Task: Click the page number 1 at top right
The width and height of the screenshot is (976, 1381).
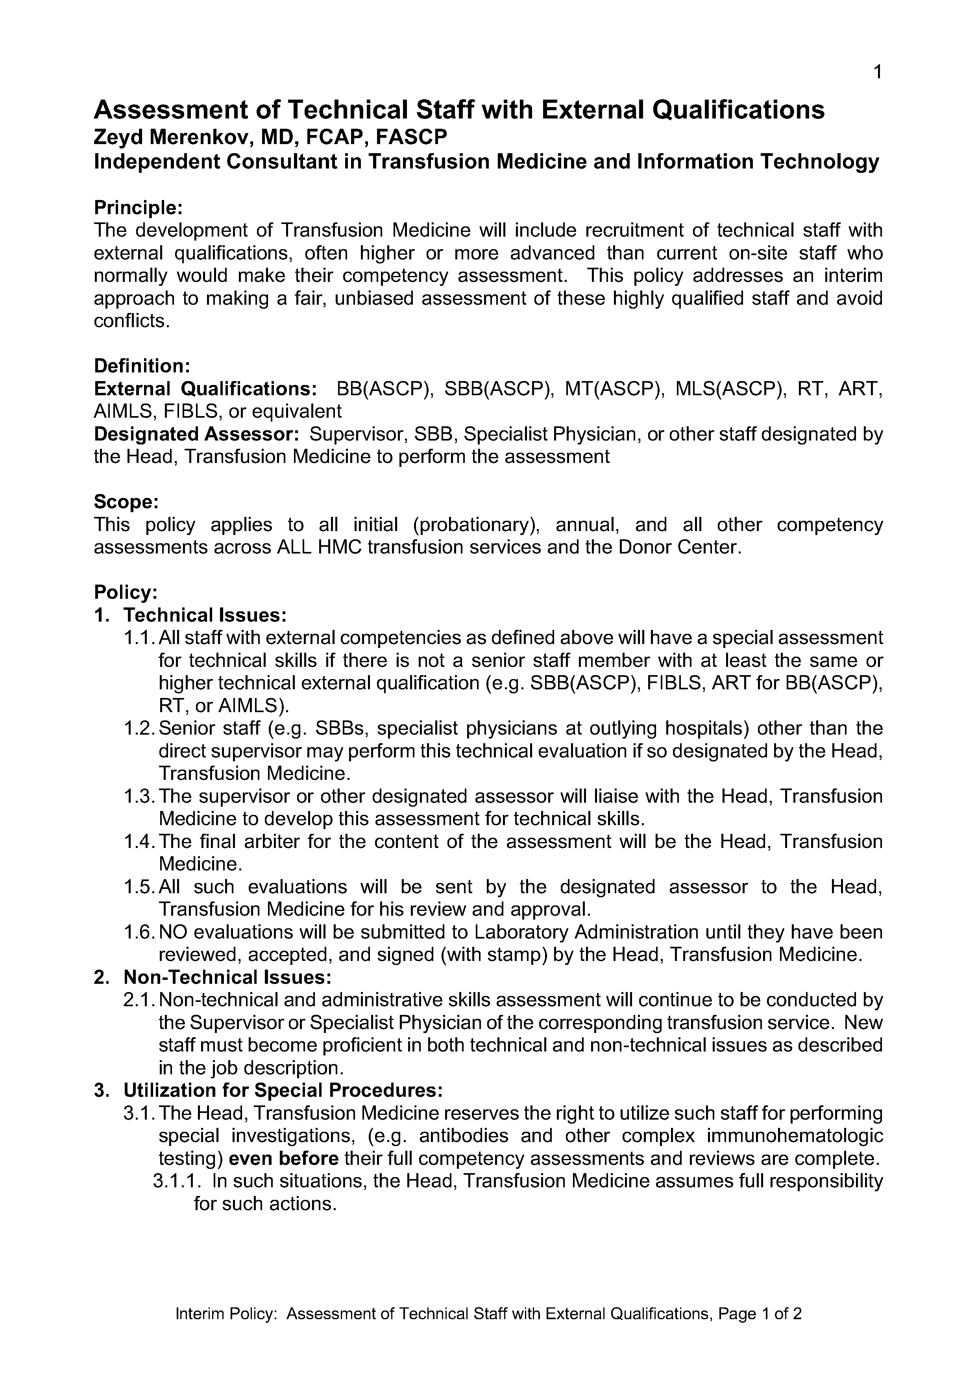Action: click(877, 73)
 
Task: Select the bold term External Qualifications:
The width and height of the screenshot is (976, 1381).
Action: click(205, 389)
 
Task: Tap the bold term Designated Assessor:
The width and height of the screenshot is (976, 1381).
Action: click(196, 434)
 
